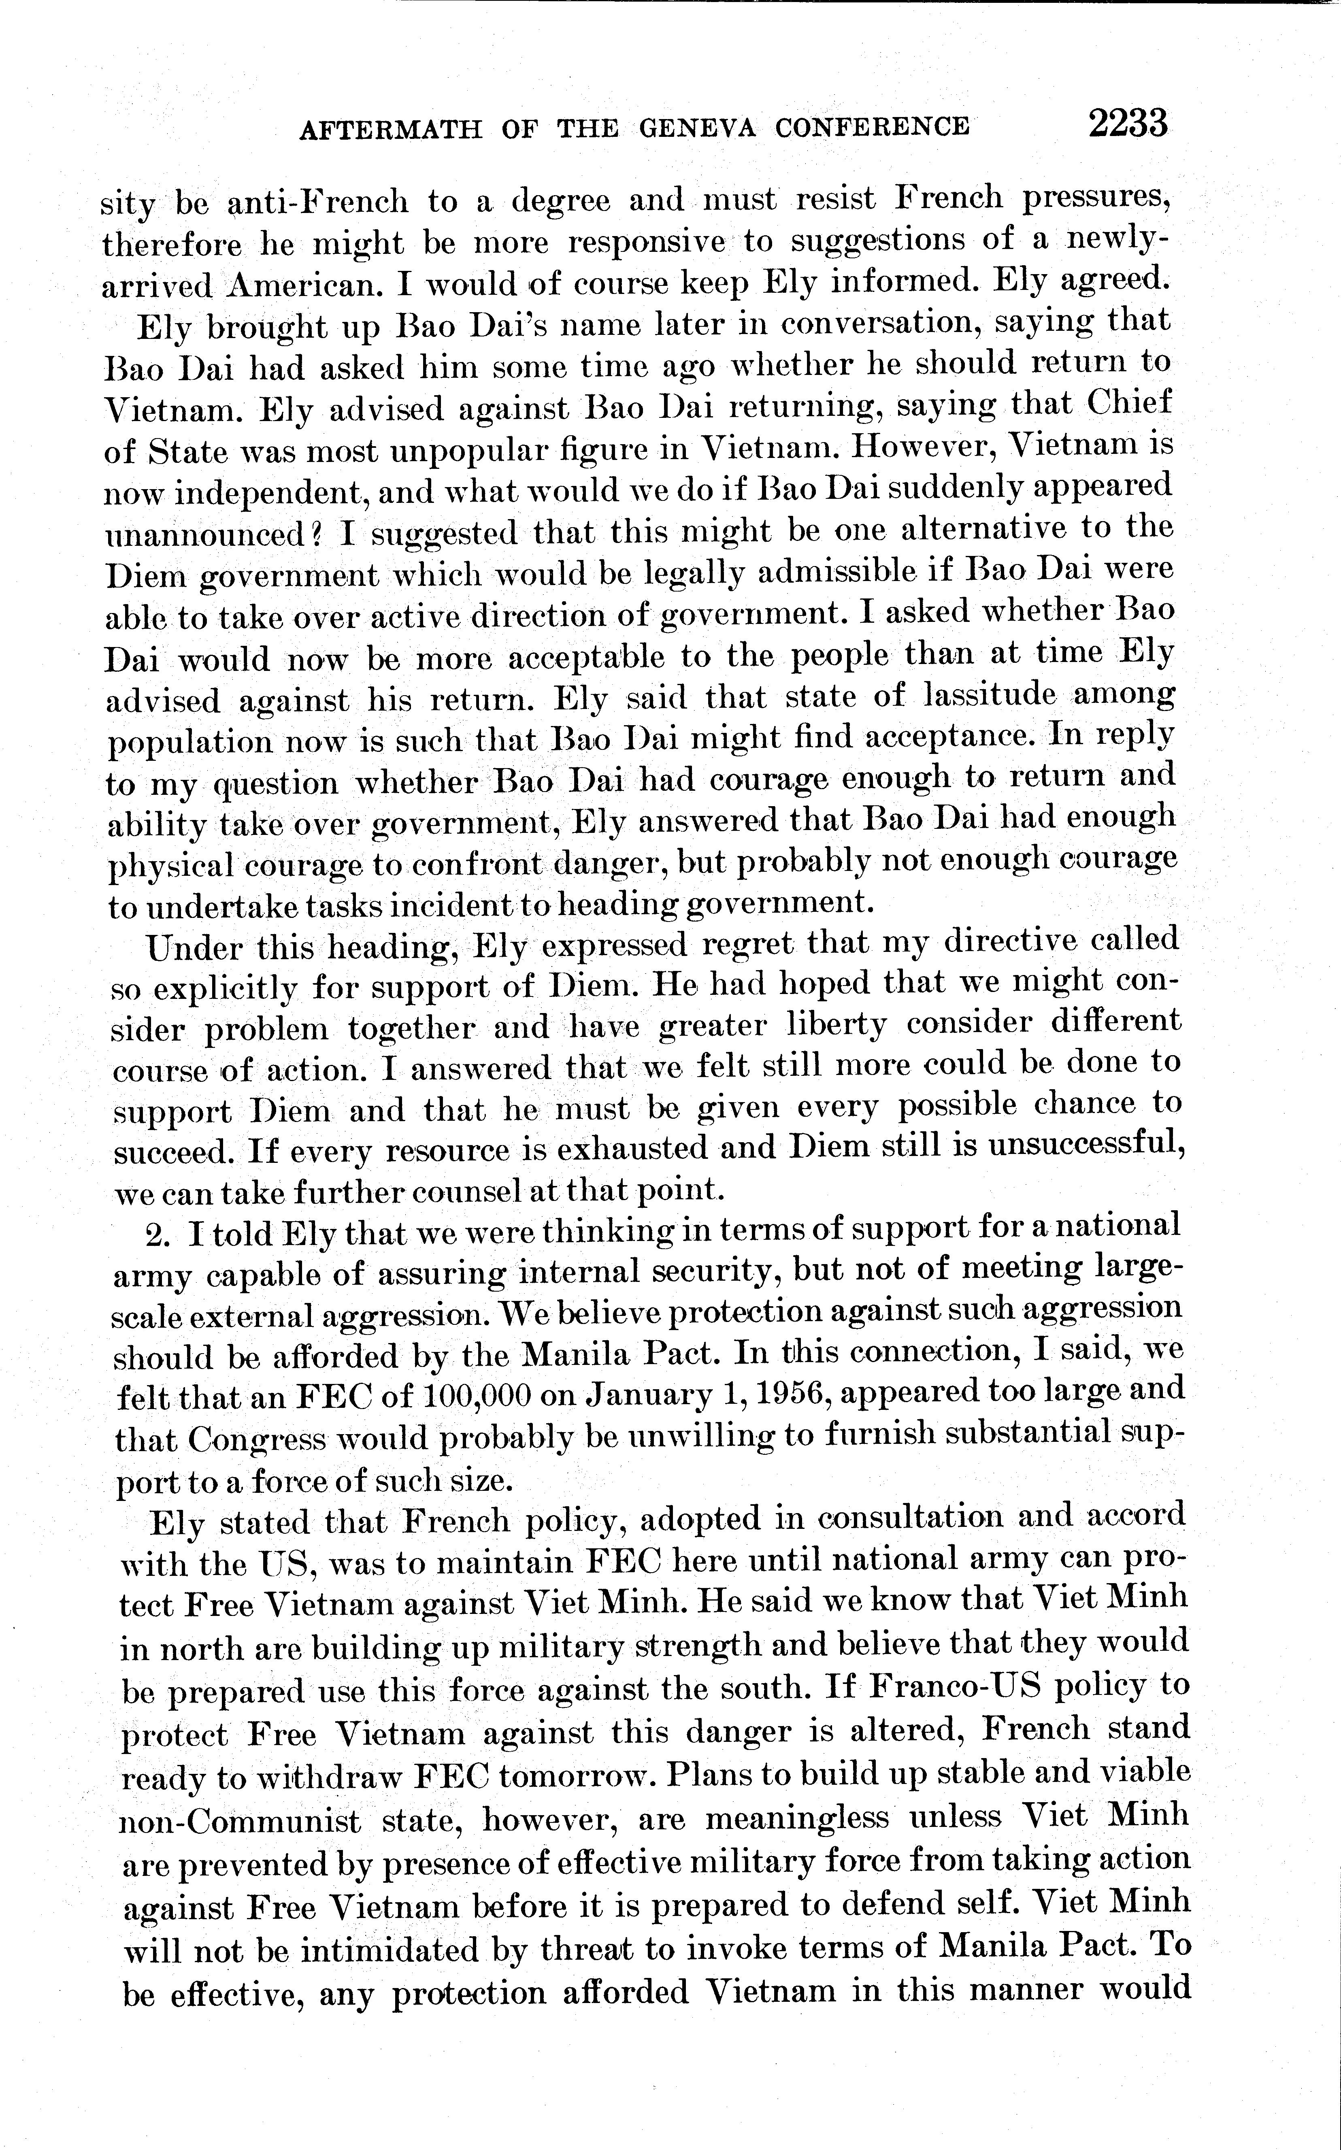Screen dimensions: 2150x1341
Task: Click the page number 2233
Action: pos(1128,124)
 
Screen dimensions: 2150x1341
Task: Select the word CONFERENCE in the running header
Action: pos(872,128)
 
